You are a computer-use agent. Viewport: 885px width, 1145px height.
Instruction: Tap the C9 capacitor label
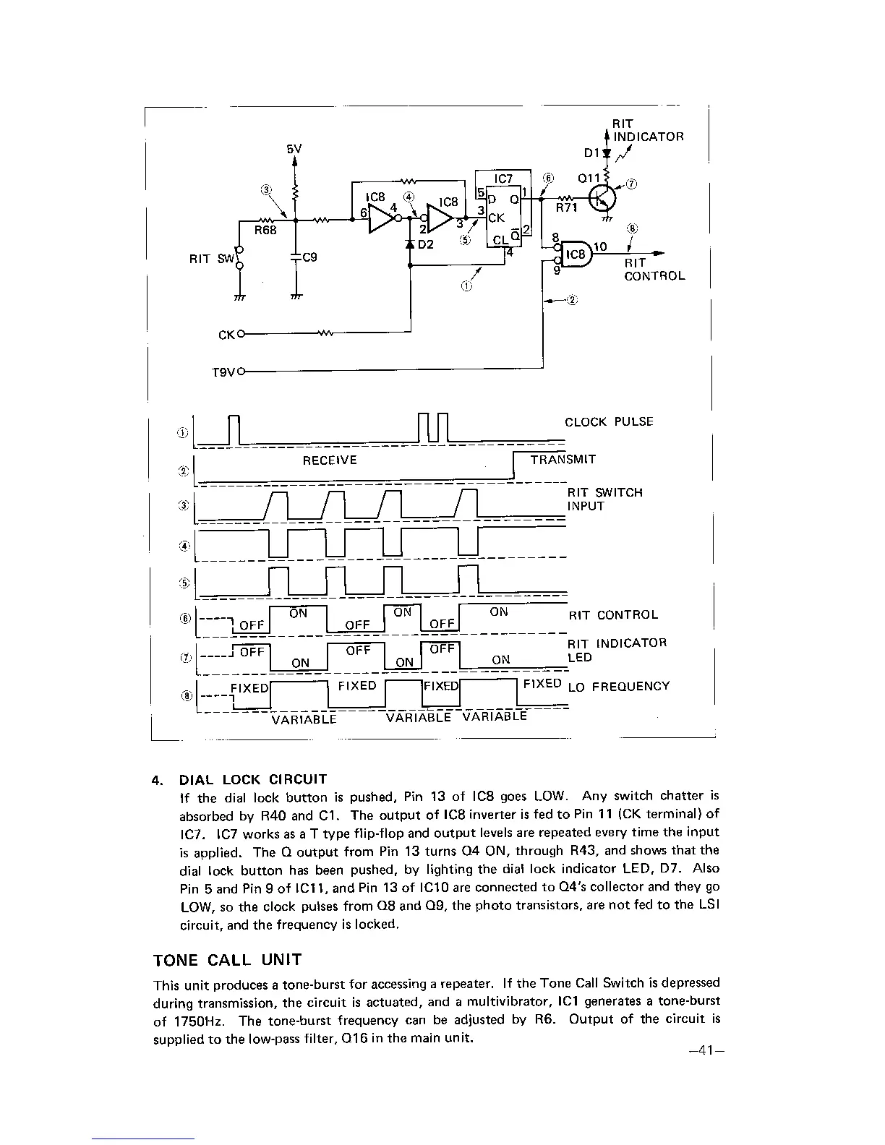point(309,257)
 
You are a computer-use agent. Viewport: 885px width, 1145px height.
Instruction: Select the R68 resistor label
point(265,231)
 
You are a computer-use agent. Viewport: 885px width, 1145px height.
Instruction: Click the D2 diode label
point(425,244)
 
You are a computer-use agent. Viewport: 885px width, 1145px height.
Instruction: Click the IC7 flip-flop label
point(503,179)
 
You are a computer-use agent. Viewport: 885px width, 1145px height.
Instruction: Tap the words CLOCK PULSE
point(609,421)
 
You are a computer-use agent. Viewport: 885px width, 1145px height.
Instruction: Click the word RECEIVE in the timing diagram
point(330,460)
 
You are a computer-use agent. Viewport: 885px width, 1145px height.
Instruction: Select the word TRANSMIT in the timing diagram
point(563,460)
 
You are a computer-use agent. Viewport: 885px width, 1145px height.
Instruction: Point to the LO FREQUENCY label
point(619,687)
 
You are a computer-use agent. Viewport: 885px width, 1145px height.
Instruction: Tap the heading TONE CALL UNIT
point(227,960)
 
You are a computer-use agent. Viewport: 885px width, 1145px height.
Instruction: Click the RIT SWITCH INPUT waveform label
point(604,499)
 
